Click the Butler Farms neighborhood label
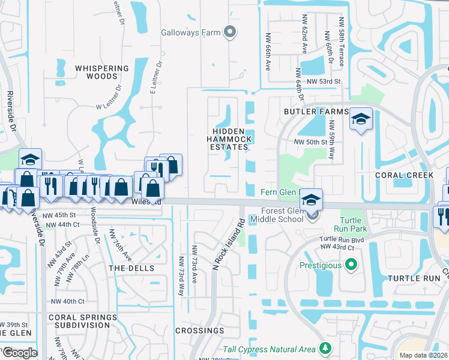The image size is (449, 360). click(316, 112)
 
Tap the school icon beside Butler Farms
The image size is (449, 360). click(361, 120)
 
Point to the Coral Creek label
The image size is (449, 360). click(404, 175)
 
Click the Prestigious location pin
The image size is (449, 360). click(352, 265)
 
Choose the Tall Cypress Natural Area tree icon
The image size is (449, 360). click(325, 348)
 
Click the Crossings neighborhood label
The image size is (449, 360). click(200, 331)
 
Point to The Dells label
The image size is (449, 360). click(131, 268)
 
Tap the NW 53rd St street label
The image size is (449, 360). click(323, 82)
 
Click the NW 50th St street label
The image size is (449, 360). click(310, 142)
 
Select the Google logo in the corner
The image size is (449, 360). click(19, 352)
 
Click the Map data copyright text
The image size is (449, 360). click(423, 355)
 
